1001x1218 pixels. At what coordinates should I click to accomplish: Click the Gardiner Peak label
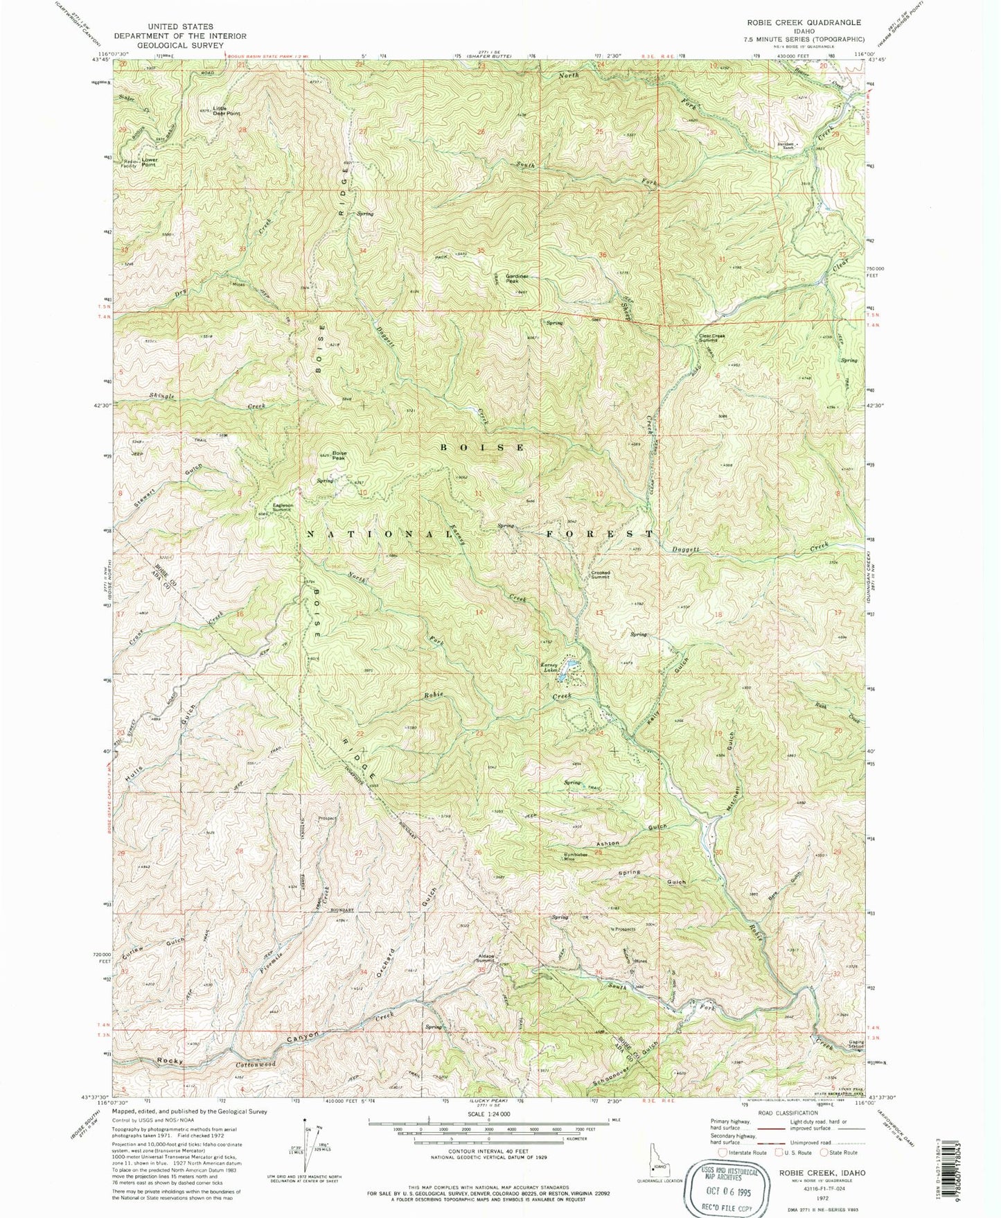(x=517, y=279)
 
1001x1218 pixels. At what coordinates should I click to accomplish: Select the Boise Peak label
(x=339, y=455)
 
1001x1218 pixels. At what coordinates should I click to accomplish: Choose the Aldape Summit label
(x=486, y=959)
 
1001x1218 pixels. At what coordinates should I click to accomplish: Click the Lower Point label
(x=150, y=162)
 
